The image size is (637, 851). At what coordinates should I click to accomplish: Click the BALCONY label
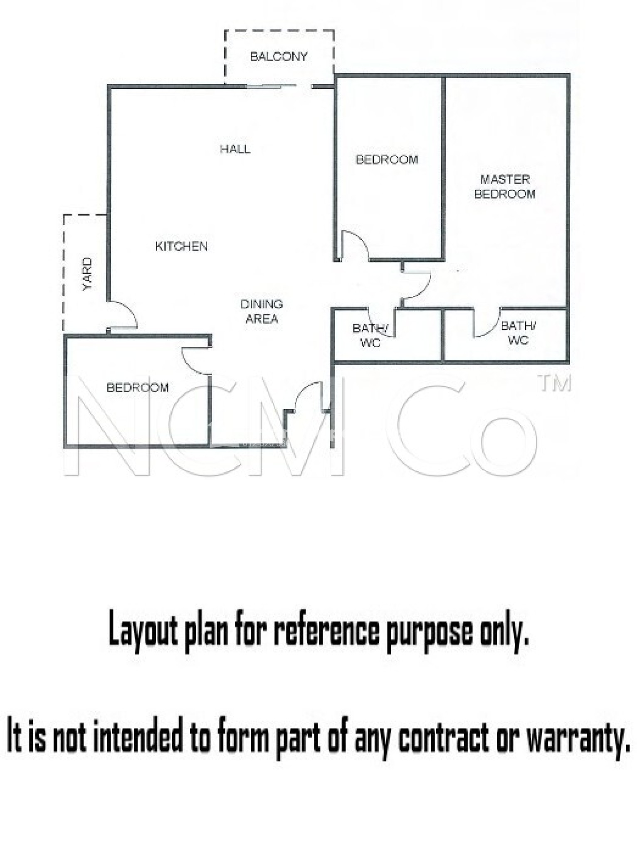pyautogui.click(x=279, y=57)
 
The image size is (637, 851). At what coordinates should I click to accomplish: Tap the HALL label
pyautogui.click(x=235, y=149)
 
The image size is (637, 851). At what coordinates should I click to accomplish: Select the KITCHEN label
pyautogui.click(x=181, y=246)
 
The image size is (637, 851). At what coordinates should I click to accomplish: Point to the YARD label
pyautogui.click(x=87, y=274)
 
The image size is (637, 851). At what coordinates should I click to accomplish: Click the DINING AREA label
pyautogui.click(x=262, y=312)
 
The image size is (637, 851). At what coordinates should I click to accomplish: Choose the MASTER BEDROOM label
pyautogui.click(x=505, y=187)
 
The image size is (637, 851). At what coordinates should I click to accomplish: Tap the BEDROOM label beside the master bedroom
pyautogui.click(x=387, y=160)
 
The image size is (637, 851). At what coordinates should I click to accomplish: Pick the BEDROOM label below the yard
pyautogui.click(x=138, y=388)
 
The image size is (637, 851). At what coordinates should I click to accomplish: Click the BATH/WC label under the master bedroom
pyautogui.click(x=518, y=333)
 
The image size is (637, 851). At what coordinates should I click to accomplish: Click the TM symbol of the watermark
pyautogui.click(x=555, y=383)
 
